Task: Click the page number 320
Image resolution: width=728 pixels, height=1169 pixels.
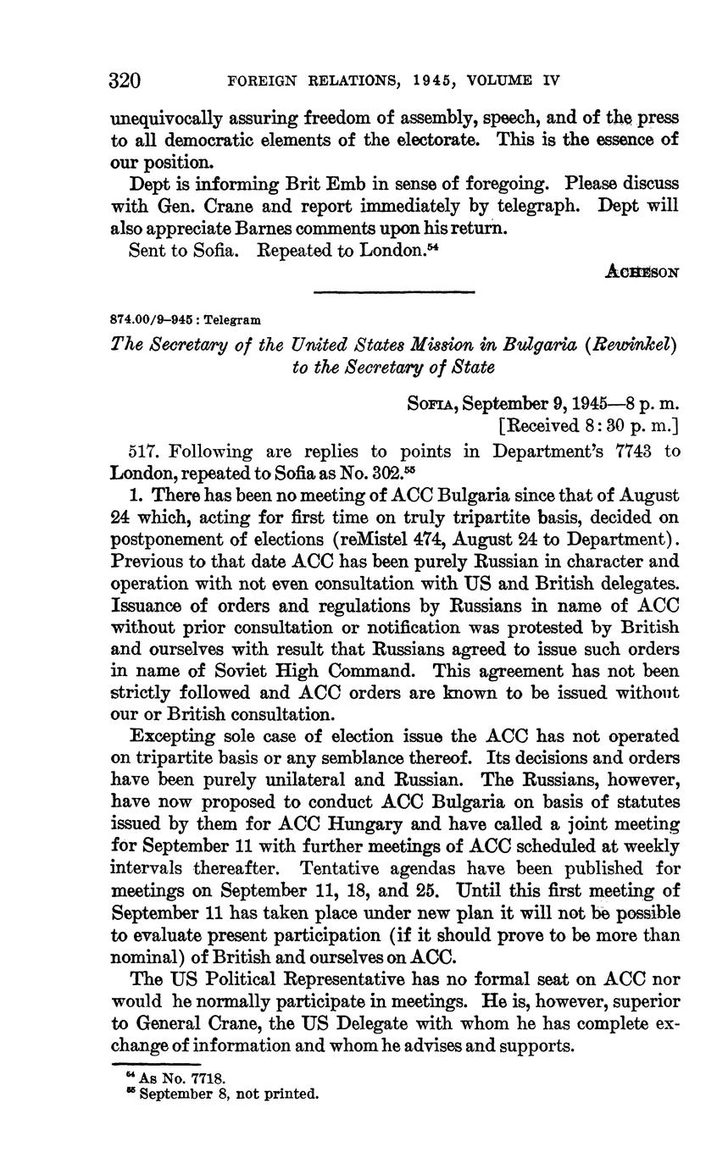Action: tap(125, 80)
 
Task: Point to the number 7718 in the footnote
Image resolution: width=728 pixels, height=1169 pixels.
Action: tap(207, 1078)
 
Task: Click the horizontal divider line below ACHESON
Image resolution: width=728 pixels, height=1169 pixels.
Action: tap(394, 292)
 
